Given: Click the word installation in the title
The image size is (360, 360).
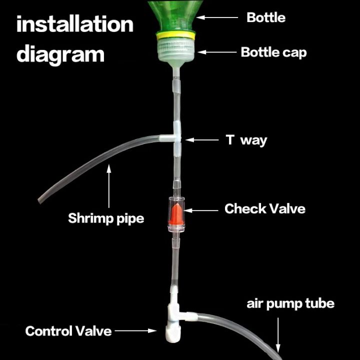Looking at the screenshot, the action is (x=75, y=24).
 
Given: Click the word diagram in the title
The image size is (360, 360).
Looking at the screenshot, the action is (x=60, y=53).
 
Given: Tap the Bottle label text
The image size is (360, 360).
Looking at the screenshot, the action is (x=266, y=17).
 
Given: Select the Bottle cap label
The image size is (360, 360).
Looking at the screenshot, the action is (x=273, y=52).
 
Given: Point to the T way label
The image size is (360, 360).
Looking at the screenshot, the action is (x=246, y=140).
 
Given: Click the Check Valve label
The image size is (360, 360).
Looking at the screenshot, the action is (x=265, y=208).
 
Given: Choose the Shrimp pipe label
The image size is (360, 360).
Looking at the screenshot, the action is (x=106, y=218).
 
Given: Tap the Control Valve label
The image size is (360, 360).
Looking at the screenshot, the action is (x=68, y=331).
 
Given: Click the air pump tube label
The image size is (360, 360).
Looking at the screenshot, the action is (x=290, y=304).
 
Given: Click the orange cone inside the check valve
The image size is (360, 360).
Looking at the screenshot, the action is (x=175, y=214).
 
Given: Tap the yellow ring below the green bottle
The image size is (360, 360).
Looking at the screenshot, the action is (x=176, y=35).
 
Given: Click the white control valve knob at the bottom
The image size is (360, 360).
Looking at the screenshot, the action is (x=173, y=333).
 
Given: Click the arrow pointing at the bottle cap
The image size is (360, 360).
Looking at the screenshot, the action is (x=217, y=52).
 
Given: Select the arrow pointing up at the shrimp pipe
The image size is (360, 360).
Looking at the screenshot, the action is (x=109, y=186).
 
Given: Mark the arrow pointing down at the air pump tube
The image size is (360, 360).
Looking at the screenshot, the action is (x=278, y=334).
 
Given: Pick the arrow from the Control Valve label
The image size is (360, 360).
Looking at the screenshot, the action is (x=135, y=330).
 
